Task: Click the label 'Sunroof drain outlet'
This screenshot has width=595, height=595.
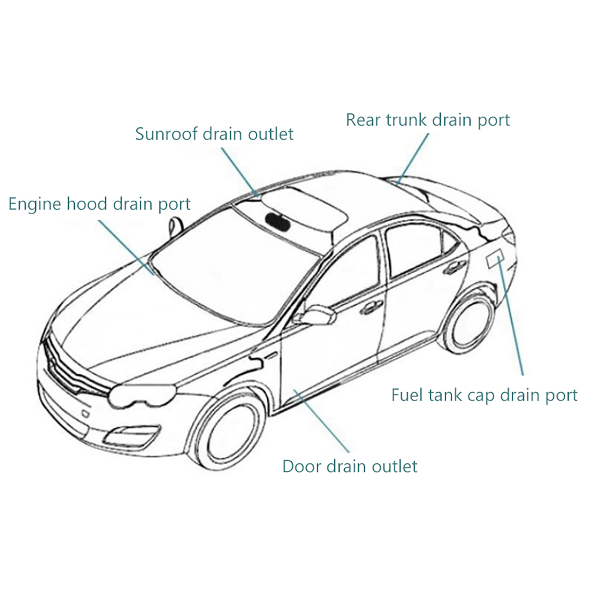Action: pyautogui.click(x=214, y=134)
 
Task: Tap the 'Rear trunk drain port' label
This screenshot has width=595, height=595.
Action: pyautogui.click(x=428, y=120)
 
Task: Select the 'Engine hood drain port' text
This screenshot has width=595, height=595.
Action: pyautogui.click(x=99, y=204)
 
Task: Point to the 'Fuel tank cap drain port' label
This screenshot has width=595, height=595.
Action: pyautogui.click(x=484, y=395)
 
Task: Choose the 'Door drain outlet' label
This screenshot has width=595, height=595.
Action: pyautogui.click(x=350, y=466)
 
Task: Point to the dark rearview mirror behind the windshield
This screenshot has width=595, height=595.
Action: pyautogui.click(x=277, y=221)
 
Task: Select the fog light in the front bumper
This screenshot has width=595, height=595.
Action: pyautogui.click(x=130, y=435)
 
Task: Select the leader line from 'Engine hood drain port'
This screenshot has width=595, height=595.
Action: pyautogui.click(x=126, y=247)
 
